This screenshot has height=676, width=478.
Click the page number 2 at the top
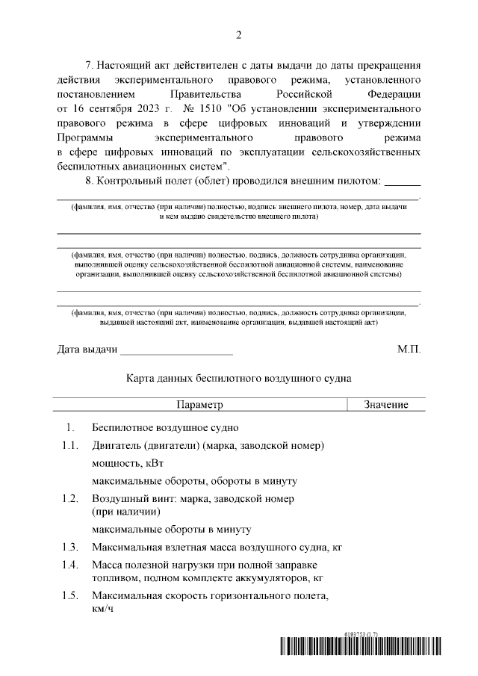239,35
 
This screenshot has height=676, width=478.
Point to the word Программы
85,137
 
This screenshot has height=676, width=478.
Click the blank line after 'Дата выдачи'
177,350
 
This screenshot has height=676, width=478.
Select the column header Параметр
199,404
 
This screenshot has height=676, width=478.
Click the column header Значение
385,404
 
